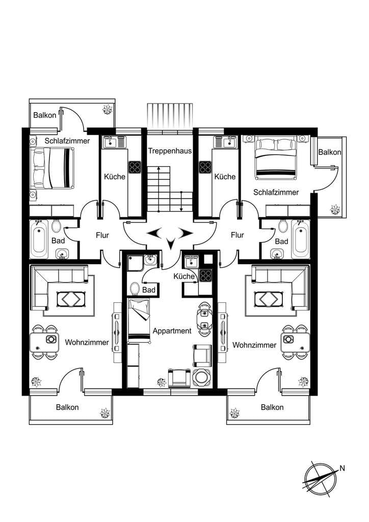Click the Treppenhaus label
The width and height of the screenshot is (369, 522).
pyautogui.click(x=170, y=151)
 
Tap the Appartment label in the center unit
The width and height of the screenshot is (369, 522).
pyautogui.click(x=172, y=331)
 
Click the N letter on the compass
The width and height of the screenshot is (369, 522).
pyautogui.click(x=341, y=468)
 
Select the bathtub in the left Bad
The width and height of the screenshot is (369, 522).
pyautogui.click(x=39, y=239)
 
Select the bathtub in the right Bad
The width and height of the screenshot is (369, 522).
pyautogui.click(x=301, y=239)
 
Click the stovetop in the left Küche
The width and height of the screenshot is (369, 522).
pyautogui.click(x=135, y=167)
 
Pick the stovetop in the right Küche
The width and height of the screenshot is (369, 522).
pyautogui.click(x=205, y=167)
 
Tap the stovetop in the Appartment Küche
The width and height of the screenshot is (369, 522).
pyautogui.click(x=205, y=275)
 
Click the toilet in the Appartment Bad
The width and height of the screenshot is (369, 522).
pyautogui.click(x=135, y=289)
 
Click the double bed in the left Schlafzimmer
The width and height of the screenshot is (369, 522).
pyautogui.click(x=52, y=168)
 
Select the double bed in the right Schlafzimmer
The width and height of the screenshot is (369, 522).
pyautogui.click(x=276, y=157)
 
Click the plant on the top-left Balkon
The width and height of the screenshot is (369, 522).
pyautogui.click(x=107, y=109)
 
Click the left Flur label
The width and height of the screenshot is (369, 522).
pyautogui.click(x=102, y=236)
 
